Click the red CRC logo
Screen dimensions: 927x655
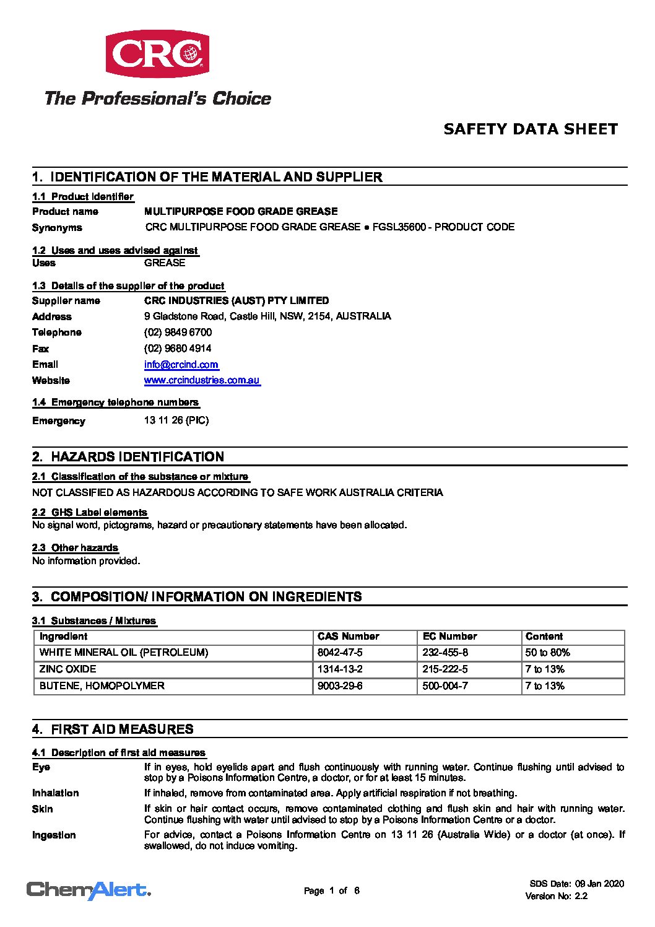157,54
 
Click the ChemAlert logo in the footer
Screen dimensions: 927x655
89,890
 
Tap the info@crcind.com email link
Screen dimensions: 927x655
181,365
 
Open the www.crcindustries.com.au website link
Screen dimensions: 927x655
202,380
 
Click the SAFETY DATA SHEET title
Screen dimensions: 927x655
531,129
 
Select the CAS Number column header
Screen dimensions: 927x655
348,637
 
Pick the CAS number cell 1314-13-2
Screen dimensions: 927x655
340,669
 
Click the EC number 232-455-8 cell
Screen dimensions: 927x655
445,653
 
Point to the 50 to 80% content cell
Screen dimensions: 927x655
547,653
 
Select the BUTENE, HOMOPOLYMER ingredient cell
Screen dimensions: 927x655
102,686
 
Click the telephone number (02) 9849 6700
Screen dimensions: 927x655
178,333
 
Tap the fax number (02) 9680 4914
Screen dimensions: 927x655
178,349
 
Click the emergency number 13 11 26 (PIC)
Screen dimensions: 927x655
176,420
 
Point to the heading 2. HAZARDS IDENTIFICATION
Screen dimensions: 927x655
128,457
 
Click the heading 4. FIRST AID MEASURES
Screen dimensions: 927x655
113,729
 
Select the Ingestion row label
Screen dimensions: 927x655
54,835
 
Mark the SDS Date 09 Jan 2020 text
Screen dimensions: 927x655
576,884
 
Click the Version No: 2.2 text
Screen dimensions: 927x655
556,896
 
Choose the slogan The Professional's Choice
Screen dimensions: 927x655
158,98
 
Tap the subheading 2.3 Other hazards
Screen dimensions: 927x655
75,548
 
